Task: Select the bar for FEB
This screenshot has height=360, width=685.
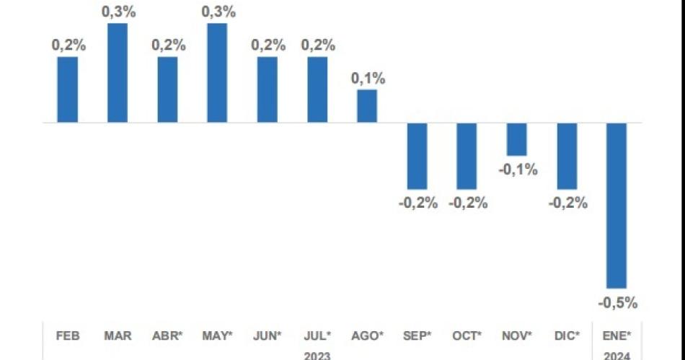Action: [68, 89]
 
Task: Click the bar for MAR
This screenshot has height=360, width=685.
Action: [118, 73]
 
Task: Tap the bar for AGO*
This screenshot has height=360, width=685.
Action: [367, 106]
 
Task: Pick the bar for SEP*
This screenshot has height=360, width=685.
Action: [417, 156]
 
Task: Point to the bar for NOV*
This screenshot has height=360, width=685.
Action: [517, 139]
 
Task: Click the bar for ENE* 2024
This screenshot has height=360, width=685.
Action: [616, 206]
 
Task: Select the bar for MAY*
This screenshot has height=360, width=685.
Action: [217, 73]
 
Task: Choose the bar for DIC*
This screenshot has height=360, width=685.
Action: [567, 156]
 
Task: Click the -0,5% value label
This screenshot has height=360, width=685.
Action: [618, 303]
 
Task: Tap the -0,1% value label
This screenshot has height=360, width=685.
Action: [518, 170]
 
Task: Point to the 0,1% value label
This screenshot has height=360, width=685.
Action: [368, 79]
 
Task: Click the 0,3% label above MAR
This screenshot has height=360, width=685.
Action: [118, 12]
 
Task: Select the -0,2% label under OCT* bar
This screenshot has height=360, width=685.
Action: [468, 203]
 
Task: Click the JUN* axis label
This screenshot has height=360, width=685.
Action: [268, 335]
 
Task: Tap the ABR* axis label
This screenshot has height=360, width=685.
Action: [167, 335]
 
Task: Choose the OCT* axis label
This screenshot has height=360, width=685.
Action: [467, 335]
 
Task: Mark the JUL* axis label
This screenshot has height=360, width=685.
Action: [317, 335]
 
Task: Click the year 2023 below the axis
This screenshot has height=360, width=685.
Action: [317, 355]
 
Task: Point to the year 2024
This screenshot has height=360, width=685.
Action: [617, 355]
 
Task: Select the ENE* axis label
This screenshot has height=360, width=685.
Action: [617, 335]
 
